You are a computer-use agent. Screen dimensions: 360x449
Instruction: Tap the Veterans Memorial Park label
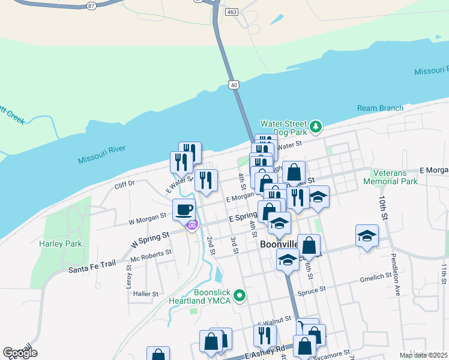pyautogui.click(x=394, y=177)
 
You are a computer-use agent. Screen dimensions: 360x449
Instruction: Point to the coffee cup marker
pyautogui.click(x=184, y=210)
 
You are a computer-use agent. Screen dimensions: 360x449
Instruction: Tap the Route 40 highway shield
pyautogui.click(x=234, y=85)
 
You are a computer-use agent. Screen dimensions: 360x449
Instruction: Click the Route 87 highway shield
pyautogui.click(x=91, y=5)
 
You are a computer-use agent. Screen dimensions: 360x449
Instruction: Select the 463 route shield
pyautogui.click(x=232, y=11)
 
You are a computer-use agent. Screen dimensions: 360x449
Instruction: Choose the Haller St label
pyautogui.click(x=146, y=294)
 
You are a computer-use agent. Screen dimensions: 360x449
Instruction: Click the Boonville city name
pyautogui.click(x=279, y=245)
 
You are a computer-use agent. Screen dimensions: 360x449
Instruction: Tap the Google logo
pyautogui.click(x=20, y=353)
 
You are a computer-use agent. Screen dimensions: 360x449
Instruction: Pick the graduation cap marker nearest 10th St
pyautogui.click(x=367, y=235)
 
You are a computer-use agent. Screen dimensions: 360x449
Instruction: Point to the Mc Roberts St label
pyautogui.click(x=151, y=256)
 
